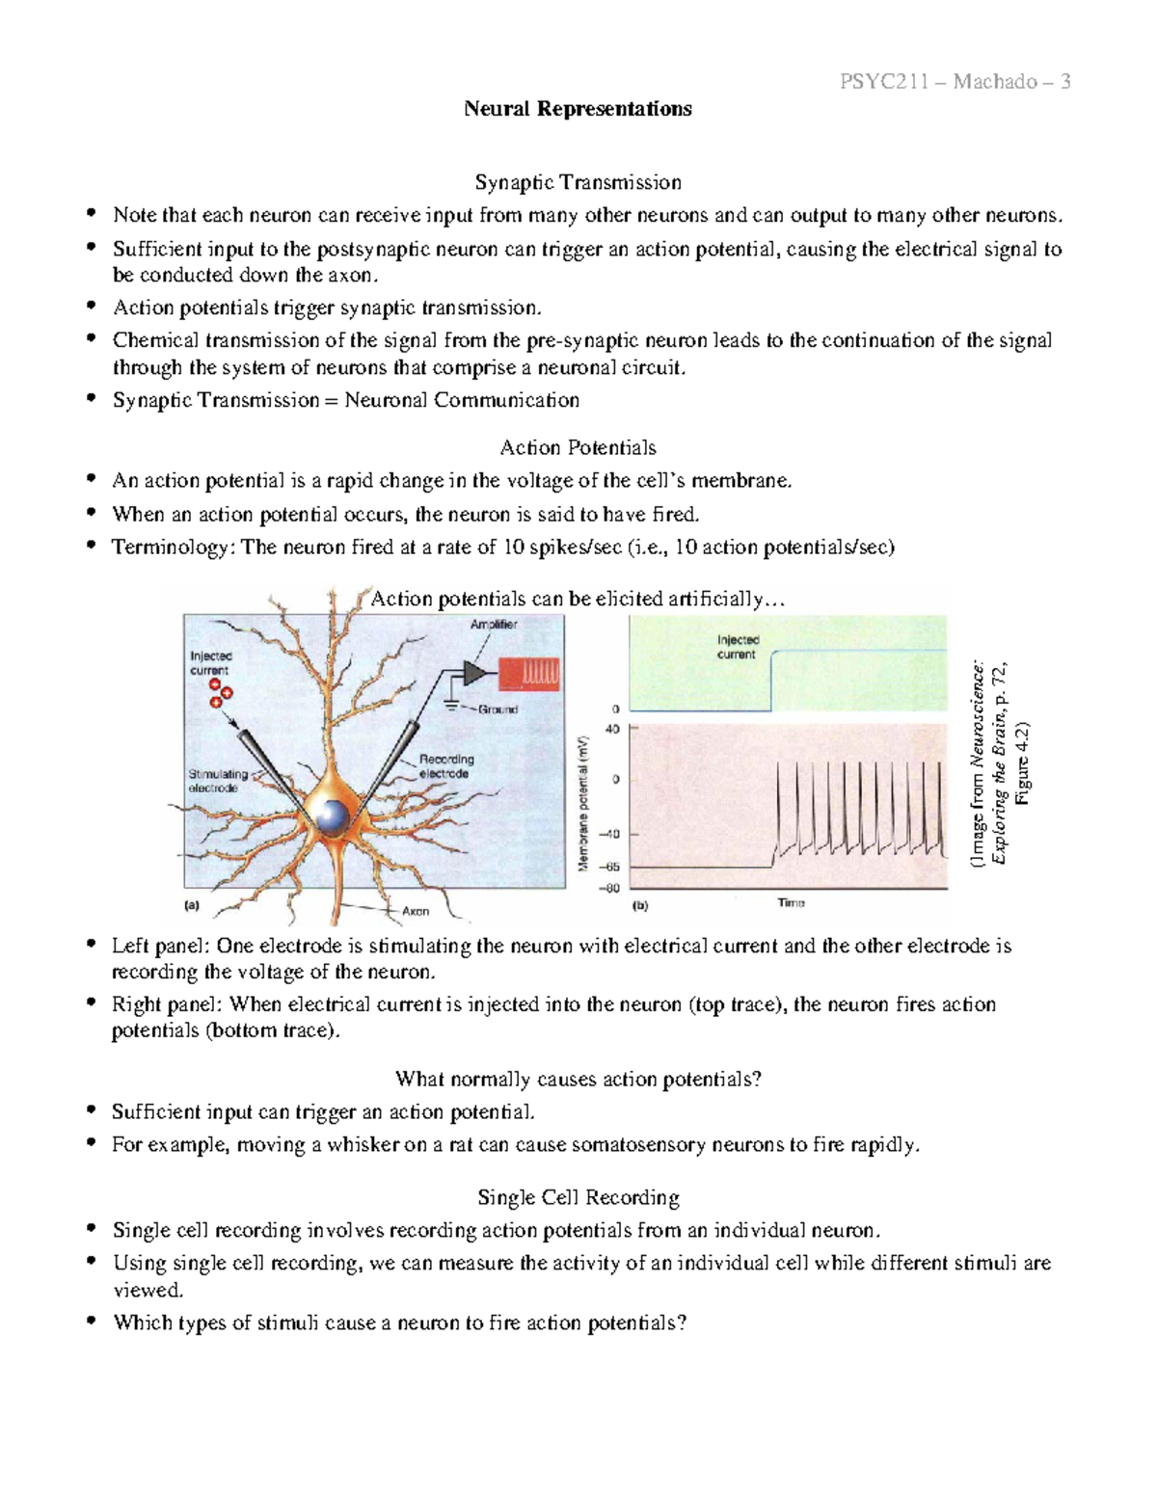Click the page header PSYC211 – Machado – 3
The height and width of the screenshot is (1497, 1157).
[x=955, y=81]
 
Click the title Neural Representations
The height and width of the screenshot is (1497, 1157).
[x=578, y=109]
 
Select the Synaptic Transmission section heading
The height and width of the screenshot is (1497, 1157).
[x=578, y=182]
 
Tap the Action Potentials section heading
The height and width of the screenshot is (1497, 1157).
[x=578, y=447]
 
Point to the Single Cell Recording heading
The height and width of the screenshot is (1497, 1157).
[x=578, y=1197]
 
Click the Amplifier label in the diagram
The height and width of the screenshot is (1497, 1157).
[x=494, y=625]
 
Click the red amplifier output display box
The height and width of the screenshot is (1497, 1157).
[x=528, y=674]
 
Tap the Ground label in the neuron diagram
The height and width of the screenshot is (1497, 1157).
[x=498, y=709]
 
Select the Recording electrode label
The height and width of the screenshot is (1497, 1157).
[x=445, y=766]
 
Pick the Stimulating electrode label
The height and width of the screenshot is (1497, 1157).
[x=218, y=781]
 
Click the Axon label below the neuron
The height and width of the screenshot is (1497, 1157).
[x=416, y=911]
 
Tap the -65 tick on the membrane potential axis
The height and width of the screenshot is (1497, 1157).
[x=611, y=868]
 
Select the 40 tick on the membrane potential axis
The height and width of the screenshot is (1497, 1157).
[x=612, y=730]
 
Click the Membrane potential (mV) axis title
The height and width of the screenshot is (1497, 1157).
[x=583, y=802]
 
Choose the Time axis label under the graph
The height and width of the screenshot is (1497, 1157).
[x=791, y=903]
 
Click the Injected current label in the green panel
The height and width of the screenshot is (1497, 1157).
[x=738, y=647]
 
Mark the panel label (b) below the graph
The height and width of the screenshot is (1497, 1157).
[x=640, y=906]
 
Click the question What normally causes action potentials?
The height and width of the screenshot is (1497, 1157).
[x=578, y=1079]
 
